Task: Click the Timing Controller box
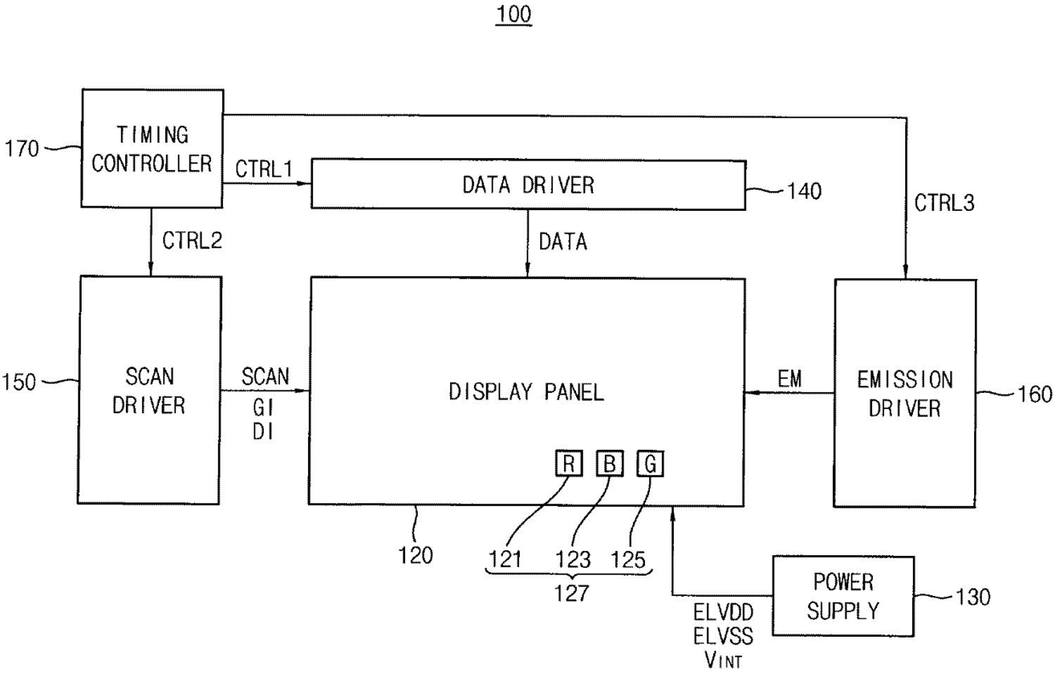point(152,148)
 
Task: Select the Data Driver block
point(528,185)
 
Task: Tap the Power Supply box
point(843,596)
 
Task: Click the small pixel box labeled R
point(568,463)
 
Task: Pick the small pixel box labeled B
point(609,463)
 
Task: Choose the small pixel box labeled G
point(650,464)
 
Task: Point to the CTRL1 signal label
point(264,169)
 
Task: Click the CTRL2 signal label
point(192,241)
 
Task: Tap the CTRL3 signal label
point(944,203)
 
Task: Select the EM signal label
point(790,379)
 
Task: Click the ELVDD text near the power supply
point(723,612)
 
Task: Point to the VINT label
point(723,660)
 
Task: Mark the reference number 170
point(21,149)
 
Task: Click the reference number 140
point(805,191)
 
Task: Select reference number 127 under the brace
point(572,593)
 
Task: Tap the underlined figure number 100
point(514,14)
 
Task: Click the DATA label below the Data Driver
point(563,242)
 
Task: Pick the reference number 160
point(1035,394)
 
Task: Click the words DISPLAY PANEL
point(526,392)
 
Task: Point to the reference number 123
point(573,560)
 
